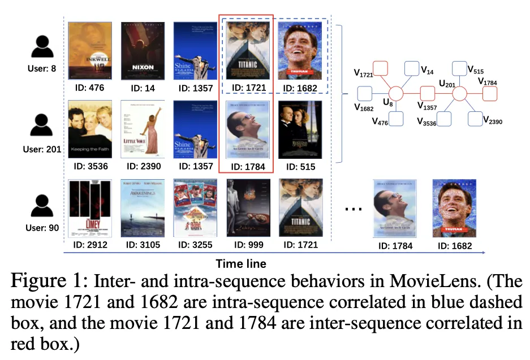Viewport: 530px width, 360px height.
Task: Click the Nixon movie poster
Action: [143, 50]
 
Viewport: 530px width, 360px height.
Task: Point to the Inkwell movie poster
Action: [89, 50]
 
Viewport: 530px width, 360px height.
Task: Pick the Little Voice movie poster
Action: [143, 129]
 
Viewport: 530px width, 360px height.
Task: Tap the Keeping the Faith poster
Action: [89, 129]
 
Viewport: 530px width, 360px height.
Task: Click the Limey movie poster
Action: [89, 208]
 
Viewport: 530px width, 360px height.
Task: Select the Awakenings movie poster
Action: [143, 208]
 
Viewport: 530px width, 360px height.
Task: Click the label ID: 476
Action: [89, 88]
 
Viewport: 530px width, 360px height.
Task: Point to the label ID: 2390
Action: [143, 167]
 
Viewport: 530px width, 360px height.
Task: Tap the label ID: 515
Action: [300, 167]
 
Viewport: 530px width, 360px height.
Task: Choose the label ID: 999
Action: [248, 245]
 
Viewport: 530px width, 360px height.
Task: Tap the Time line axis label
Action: [241, 263]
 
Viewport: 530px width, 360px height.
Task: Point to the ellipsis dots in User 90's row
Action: [354, 209]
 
